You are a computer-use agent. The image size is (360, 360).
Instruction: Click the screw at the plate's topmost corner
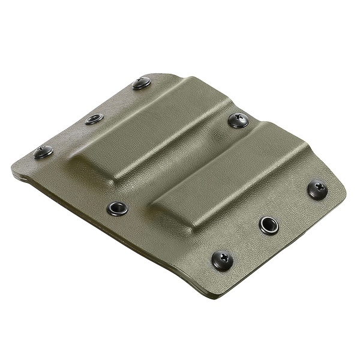[142, 83]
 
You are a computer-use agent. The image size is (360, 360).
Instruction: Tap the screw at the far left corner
[43, 152]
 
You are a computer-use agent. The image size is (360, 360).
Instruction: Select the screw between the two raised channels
[238, 120]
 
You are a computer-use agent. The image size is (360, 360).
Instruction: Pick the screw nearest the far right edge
[317, 189]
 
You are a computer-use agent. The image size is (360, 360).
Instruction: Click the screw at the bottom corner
[223, 260]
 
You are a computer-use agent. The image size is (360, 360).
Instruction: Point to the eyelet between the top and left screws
[94, 119]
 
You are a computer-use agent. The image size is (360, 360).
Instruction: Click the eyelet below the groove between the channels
[117, 208]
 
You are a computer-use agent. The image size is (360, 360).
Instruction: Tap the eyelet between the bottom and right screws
[269, 225]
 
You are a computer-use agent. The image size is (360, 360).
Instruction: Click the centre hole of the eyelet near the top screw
[94, 119]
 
